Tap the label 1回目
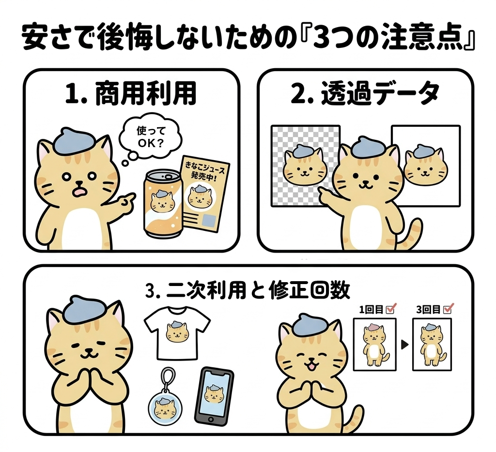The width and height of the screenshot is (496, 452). tap(368, 308)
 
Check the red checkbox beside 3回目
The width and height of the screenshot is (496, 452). tap(449, 308)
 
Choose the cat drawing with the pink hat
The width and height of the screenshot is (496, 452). tap(375, 345)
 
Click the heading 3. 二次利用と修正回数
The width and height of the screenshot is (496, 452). tap(248, 290)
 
